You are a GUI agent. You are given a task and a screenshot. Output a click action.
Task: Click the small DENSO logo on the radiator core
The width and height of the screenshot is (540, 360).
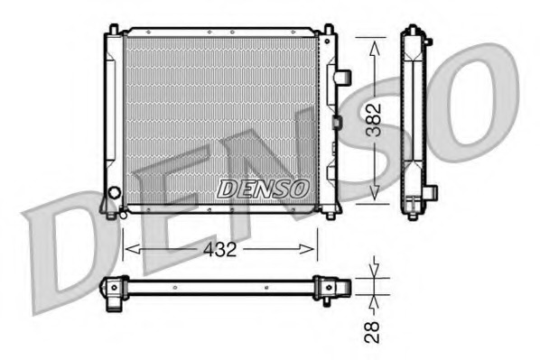point(263,188)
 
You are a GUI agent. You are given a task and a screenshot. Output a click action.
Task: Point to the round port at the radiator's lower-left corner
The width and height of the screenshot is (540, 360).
point(114,193)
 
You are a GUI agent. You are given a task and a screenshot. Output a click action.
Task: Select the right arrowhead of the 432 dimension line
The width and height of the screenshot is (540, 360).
point(312,248)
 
